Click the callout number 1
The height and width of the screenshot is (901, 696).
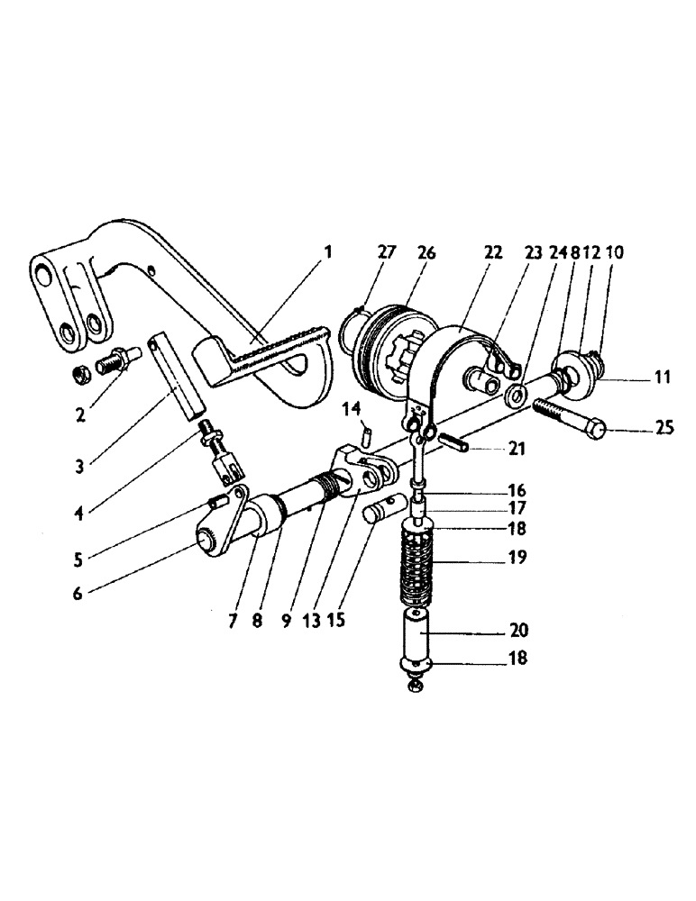coord(327,253)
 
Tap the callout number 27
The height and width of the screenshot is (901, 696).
coord(387,253)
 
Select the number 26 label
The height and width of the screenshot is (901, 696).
coord(426,253)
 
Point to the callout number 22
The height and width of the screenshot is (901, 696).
coord(492,253)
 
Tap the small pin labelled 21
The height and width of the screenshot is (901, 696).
coord(455,443)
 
